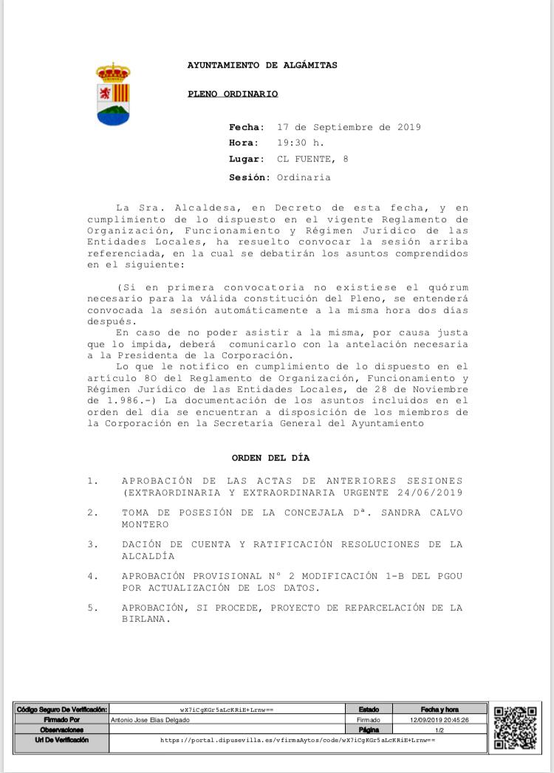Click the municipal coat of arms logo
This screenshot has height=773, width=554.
113,94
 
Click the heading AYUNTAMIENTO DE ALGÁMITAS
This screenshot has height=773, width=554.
262,65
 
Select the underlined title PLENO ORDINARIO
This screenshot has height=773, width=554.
233,94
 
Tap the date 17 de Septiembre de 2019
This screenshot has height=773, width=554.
349,127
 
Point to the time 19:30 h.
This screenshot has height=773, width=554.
301,143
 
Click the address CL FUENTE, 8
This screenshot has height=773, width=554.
312,159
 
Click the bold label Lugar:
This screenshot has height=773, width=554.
247,159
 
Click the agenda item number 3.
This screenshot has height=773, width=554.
92,544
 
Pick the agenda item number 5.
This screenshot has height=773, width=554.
92,608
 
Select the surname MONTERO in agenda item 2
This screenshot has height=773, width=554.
146,524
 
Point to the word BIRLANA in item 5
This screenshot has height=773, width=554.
146,619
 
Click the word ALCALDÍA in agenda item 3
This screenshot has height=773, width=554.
148,556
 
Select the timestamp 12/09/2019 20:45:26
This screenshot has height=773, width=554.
440,720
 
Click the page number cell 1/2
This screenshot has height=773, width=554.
440,729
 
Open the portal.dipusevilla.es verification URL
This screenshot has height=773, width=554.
298,739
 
